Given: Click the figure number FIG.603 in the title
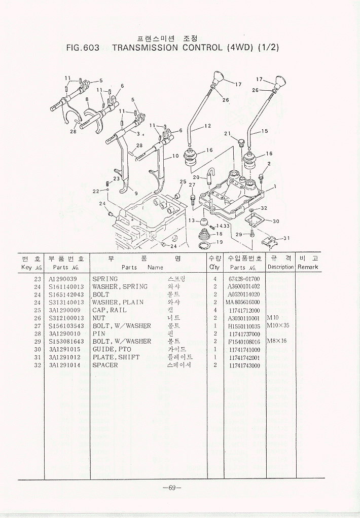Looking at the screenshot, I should pyautogui.click(x=83, y=48).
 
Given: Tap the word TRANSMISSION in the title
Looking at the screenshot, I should pyautogui.click(x=145, y=48).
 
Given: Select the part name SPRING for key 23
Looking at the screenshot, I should pyautogui.click(x=105, y=279).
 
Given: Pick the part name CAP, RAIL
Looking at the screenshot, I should pyautogui.click(x=110, y=310).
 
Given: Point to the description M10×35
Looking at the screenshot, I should pyautogui.click(x=277, y=325).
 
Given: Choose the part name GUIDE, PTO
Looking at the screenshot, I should pyautogui.click(x=112, y=349).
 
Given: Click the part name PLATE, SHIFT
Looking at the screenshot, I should pyautogui.click(x=116, y=357).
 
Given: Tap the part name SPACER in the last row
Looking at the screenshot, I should pyautogui.click(x=105, y=365).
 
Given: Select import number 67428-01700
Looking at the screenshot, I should pyautogui.click(x=243, y=279).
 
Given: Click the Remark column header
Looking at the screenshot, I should pyautogui.click(x=308, y=267).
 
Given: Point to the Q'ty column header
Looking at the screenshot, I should pyautogui.click(x=214, y=267).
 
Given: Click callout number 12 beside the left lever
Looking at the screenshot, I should pyautogui.click(x=208, y=126).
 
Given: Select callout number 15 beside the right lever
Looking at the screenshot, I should pyautogui.click(x=265, y=131).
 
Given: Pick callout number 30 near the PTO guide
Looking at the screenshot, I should pyautogui.click(x=276, y=221).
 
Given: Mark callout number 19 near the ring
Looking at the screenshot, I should pyautogui.click(x=220, y=243).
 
